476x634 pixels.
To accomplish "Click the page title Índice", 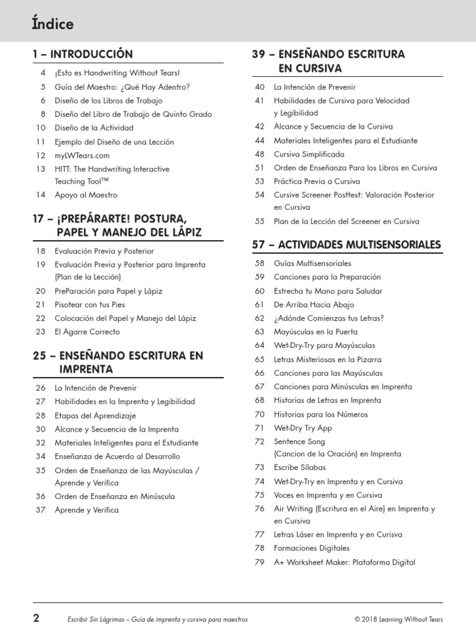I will pos(53,24).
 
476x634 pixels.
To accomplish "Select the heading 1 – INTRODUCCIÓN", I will pos(82,54).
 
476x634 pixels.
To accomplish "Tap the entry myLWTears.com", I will pos(82,155).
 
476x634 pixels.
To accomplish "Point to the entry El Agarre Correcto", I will pos(87,331).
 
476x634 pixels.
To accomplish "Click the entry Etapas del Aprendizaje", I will pos(95,415).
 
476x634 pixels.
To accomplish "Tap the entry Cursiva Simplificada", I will pos(309,154).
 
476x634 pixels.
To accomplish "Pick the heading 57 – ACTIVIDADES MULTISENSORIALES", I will pos(346,245).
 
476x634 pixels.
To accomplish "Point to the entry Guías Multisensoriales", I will pos(312,263).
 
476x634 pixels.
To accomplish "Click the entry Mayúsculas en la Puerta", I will pos(315,331).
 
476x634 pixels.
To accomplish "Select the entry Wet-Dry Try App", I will pos(302,428).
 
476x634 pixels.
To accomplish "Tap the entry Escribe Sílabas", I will pos(299,467).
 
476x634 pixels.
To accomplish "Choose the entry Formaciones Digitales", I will pos(311,548).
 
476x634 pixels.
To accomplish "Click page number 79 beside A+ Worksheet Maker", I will pos(260,562).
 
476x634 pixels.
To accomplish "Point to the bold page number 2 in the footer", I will pos(37,618).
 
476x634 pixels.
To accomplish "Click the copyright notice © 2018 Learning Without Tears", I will pos(399,619).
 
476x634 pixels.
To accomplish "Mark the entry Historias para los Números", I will pos(320,414).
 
